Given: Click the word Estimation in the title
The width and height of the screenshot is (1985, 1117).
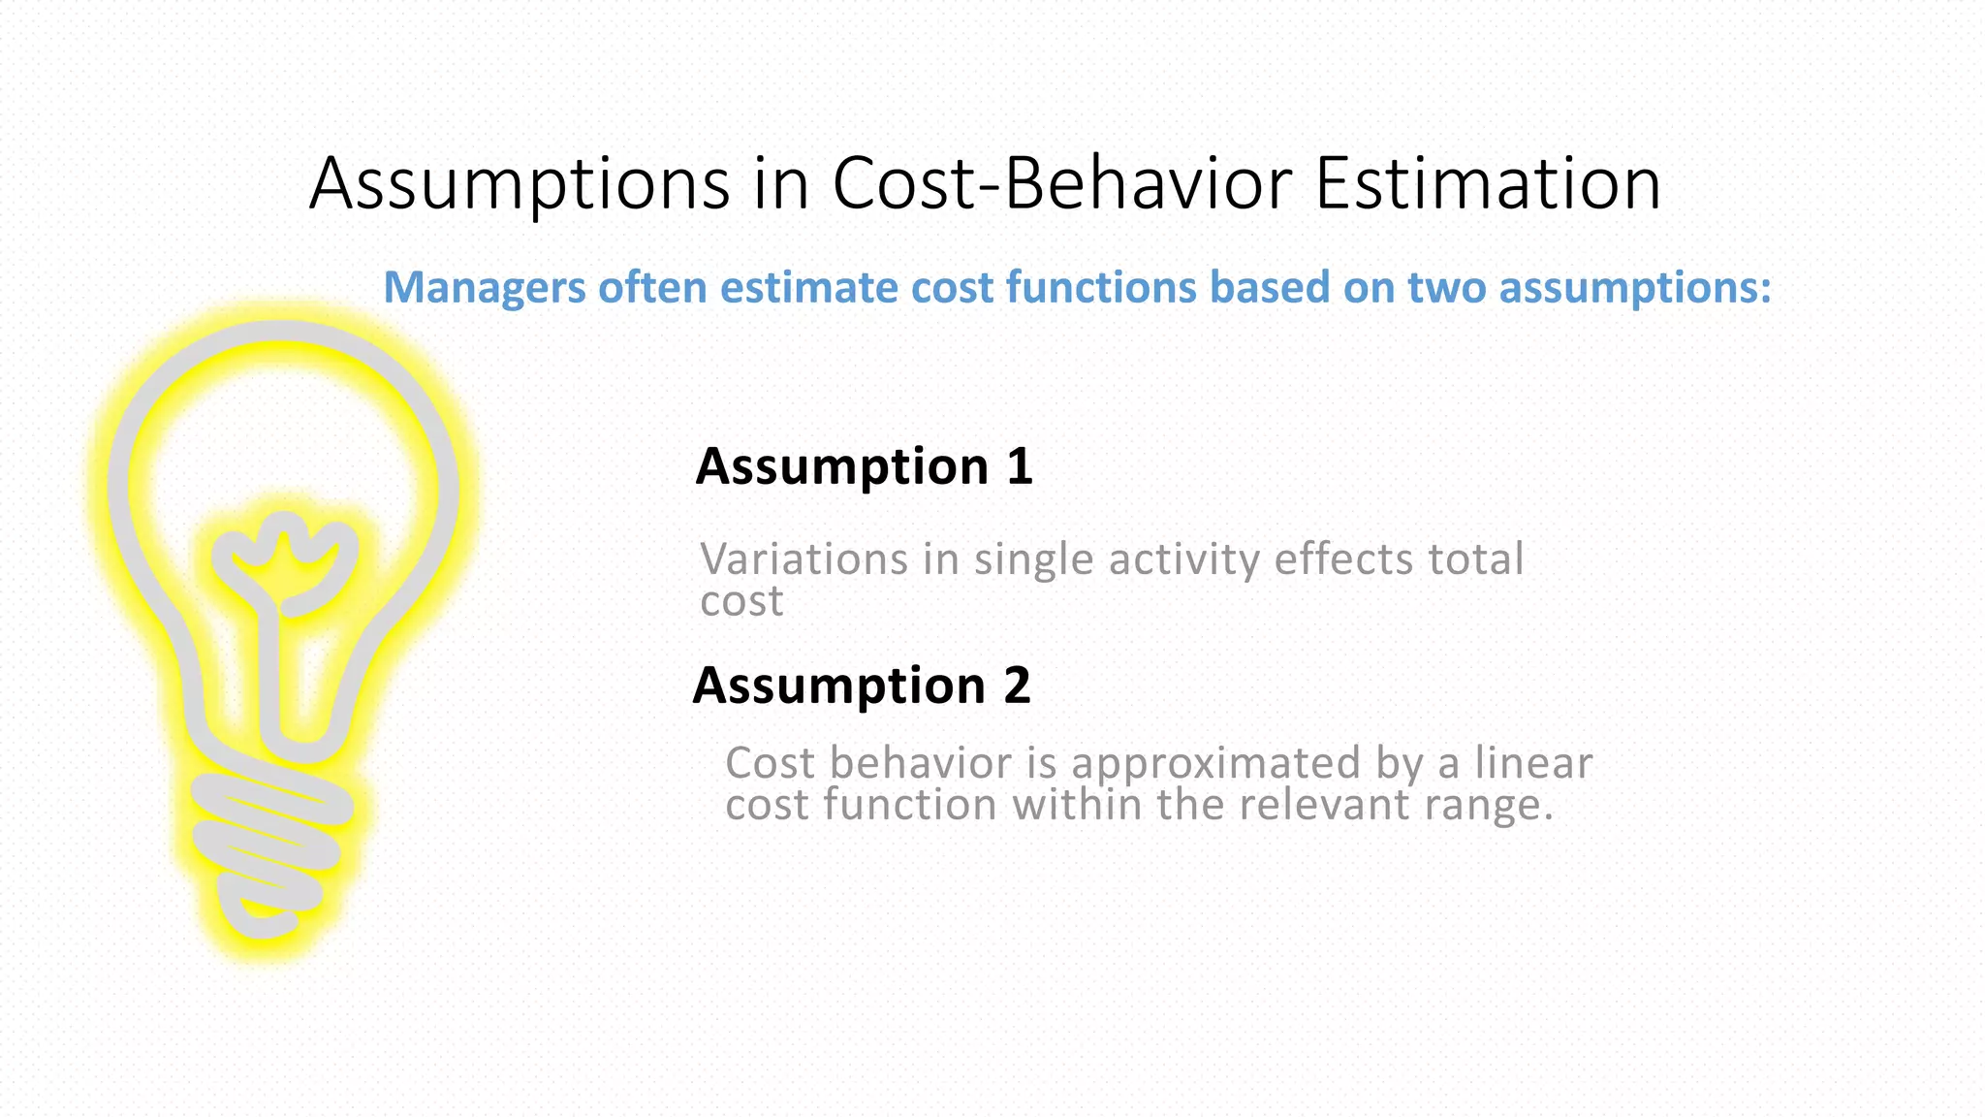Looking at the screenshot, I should click(x=1487, y=183).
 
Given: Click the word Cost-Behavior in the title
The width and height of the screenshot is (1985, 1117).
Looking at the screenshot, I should click(x=1061, y=183).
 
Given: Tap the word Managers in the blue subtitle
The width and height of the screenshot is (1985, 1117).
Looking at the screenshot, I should click(x=485, y=288).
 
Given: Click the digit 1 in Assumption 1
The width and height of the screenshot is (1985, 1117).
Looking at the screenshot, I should click(x=1019, y=466).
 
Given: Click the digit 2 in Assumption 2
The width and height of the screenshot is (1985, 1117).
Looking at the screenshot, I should click(x=1017, y=686).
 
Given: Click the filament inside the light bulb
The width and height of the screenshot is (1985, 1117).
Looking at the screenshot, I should click(x=285, y=562).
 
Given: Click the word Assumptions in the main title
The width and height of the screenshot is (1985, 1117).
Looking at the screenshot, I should click(x=520, y=183).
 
